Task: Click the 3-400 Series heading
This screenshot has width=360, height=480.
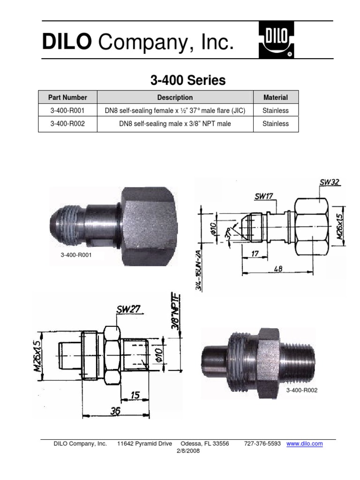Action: pos(188,81)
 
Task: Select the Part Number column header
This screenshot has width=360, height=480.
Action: pos(68,97)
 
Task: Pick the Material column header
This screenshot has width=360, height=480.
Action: pos(275,97)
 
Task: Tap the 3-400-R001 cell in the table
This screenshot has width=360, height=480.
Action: pos(68,111)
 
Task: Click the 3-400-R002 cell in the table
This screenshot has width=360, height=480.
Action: pos(68,124)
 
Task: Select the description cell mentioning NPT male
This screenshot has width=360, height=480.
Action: pos(175,124)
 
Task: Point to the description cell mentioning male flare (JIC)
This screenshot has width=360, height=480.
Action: pos(175,111)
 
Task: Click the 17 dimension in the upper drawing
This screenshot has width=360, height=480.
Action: pos(255,253)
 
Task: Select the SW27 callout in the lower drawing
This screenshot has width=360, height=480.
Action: pos(129,309)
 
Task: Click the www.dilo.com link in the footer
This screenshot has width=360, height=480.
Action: pos(305,444)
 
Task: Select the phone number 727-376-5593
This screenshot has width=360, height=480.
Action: pos(262,444)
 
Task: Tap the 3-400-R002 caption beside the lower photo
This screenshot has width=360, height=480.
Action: pos(302,390)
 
